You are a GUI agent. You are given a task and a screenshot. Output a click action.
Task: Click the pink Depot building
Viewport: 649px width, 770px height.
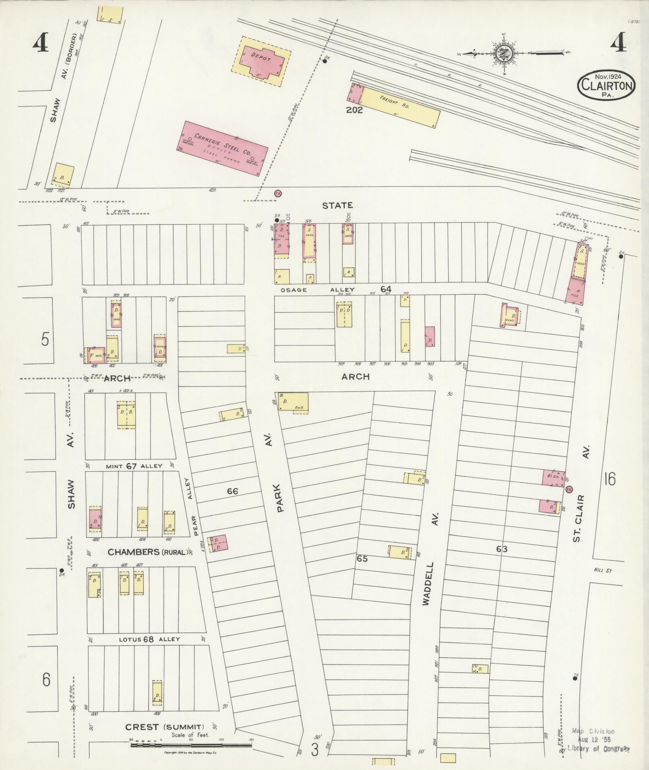(263, 61)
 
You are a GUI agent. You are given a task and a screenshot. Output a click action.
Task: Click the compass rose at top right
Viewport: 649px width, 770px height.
(503, 53)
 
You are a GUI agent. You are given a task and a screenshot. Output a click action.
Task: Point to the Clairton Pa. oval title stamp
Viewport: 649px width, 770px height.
(606, 85)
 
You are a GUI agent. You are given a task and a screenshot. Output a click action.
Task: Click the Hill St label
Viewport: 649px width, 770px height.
(602, 570)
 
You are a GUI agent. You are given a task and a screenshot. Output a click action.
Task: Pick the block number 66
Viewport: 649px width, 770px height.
(233, 491)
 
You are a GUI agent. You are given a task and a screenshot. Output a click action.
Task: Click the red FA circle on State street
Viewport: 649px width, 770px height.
(277, 194)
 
